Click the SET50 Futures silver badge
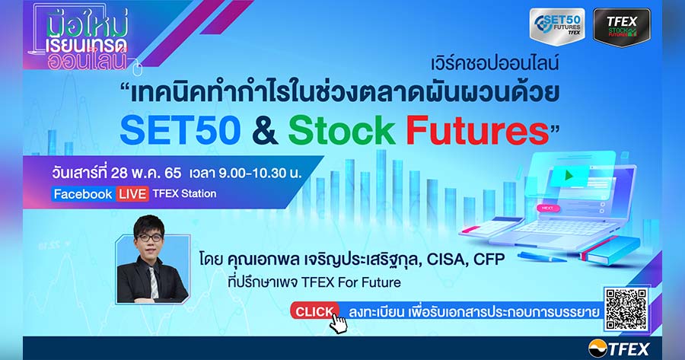[x=557, y=26]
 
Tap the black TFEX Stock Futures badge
[x=622, y=27]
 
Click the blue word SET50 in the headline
[x=180, y=130]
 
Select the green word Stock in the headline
[x=342, y=130]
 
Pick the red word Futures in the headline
[x=477, y=130]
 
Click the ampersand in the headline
[x=265, y=130]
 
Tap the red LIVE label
[x=132, y=194]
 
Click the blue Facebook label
[x=83, y=194]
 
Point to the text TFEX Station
[x=184, y=193]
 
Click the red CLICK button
[x=314, y=311]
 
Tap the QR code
[x=626, y=309]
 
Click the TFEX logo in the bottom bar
[x=619, y=349]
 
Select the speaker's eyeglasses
[x=149, y=237]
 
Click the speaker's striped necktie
[x=153, y=282]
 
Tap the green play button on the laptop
[x=569, y=176]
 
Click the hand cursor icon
[x=338, y=323]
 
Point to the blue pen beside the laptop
[x=542, y=256]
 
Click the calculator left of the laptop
[x=491, y=226]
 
